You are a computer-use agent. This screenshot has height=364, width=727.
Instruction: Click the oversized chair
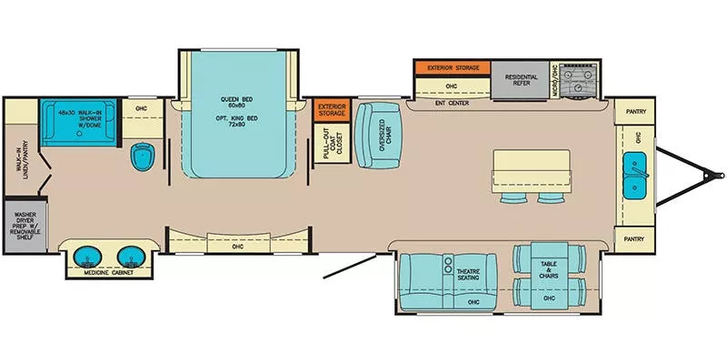click(x=372, y=134)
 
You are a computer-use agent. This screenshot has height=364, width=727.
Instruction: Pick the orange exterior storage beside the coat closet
click(x=332, y=110)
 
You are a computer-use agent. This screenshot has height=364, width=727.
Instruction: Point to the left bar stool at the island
click(x=510, y=197)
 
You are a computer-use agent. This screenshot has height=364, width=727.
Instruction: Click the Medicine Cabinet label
click(x=107, y=272)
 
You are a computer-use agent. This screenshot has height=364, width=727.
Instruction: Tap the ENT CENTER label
click(x=451, y=103)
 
